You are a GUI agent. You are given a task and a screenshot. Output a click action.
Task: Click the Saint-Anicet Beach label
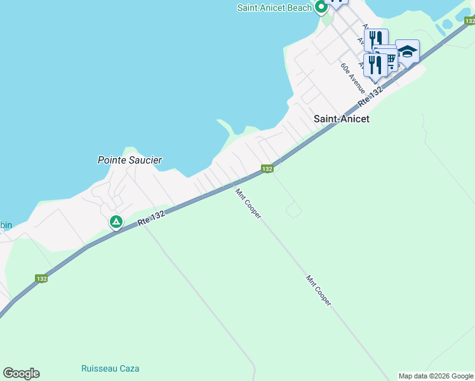274,8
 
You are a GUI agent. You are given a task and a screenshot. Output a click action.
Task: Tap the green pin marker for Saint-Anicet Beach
321,8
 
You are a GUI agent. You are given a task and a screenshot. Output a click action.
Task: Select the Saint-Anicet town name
342,119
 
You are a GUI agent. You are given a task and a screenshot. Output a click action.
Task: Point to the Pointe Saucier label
130,160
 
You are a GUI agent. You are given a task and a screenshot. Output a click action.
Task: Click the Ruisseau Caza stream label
110,368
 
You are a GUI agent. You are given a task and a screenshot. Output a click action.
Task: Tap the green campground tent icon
116,222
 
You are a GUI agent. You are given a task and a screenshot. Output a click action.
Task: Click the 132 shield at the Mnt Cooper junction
267,168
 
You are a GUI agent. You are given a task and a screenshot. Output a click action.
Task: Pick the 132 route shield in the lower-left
41,278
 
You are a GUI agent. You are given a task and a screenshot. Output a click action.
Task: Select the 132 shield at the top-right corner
469,21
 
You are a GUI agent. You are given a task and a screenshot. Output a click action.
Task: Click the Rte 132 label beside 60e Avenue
371,97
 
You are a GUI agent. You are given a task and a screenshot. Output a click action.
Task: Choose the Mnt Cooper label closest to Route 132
248,204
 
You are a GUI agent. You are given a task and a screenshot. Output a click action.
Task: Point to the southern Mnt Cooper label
319,290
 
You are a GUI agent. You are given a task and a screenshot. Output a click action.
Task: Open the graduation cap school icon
407,51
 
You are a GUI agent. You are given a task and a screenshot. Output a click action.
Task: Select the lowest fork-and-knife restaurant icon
375,64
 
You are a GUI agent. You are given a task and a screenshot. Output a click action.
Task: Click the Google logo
21,373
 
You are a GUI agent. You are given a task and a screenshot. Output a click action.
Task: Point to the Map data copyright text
436,376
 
